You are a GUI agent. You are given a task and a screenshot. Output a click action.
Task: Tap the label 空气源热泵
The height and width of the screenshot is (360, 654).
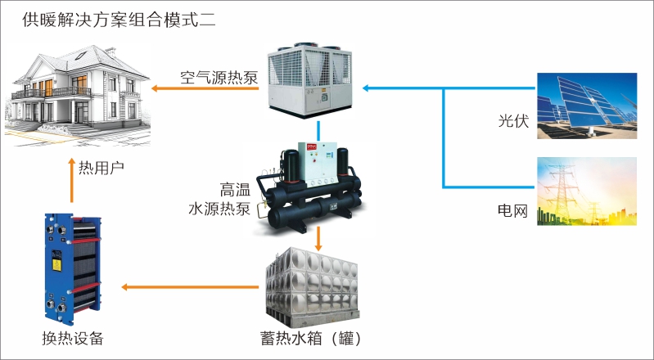coord(219,79)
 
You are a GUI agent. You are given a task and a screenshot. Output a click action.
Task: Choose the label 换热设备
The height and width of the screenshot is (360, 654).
coord(73,338)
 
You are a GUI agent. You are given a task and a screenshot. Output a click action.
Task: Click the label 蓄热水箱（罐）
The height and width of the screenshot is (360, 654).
coord(310,338)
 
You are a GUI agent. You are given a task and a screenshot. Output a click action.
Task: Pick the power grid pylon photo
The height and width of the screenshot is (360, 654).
coord(586,191)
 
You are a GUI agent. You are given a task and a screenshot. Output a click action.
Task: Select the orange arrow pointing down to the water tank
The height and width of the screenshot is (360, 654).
coord(318,240)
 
